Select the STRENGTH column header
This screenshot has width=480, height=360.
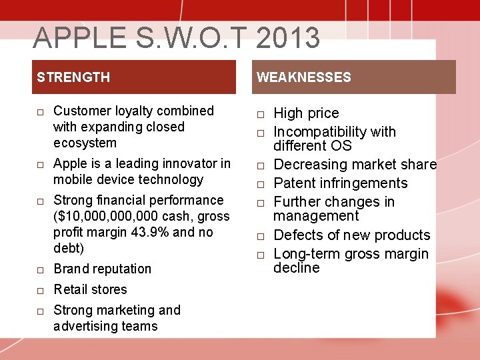pyautogui.click(x=73, y=77)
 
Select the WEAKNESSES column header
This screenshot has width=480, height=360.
pyautogui.click(x=304, y=77)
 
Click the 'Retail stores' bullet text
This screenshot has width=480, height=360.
pyautogui.click(x=90, y=289)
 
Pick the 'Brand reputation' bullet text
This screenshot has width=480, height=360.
pyautogui.click(x=102, y=269)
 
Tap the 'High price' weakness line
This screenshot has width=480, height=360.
pyautogui.click(x=306, y=113)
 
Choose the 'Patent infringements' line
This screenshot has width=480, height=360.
pyautogui.click(x=341, y=183)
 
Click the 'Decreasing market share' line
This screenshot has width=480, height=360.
pyautogui.click(x=355, y=165)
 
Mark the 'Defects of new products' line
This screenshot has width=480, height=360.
pyautogui.click(x=352, y=235)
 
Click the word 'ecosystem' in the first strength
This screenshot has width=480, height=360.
pyautogui.click(x=85, y=143)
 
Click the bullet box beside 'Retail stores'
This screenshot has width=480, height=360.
pyautogui.click(x=41, y=291)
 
